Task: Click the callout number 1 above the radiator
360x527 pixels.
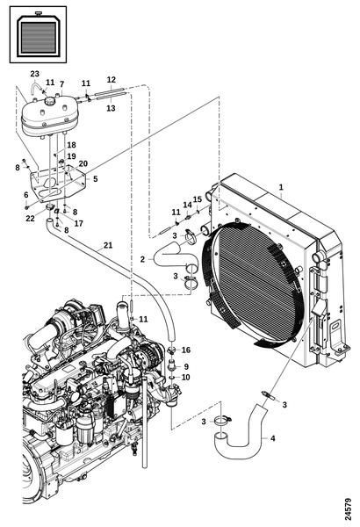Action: click(x=281, y=187)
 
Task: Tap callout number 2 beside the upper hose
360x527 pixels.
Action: click(x=143, y=259)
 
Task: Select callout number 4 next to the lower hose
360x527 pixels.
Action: click(x=272, y=438)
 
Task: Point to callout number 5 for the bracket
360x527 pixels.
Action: click(x=96, y=178)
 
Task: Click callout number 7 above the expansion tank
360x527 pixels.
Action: click(x=61, y=84)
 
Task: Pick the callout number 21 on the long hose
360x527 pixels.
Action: click(x=108, y=245)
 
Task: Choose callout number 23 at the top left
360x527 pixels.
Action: click(x=34, y=74)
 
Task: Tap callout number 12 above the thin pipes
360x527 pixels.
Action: click(x=112, y=80)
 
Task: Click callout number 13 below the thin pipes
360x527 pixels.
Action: click(x=111, y=108)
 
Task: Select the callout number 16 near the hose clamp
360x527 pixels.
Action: click(x=186, y=350)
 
